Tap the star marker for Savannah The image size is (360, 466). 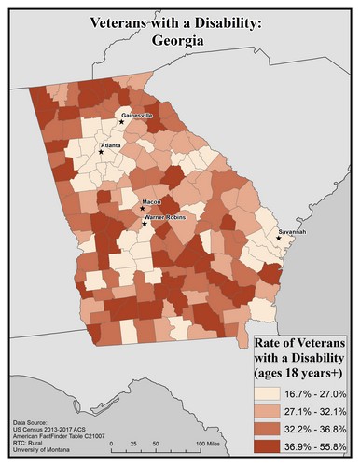click(x=278, y=239)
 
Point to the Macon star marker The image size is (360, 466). click(x=142, y=210)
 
